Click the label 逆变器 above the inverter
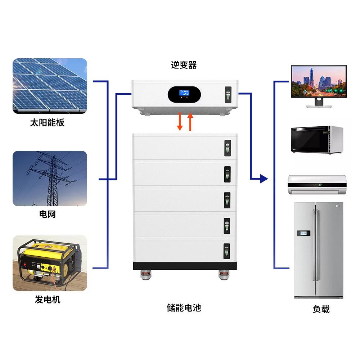click(x=184, y=65)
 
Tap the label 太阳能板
click(x=47, y=123)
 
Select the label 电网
click(x=47, y=215)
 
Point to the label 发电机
click(x=48, y=299)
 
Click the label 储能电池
click(x=184, y=308)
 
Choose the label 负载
click(x=321, y=309)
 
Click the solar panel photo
click(x=50, y=86)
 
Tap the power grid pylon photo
click(x=50, y=179)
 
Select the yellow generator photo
click(x=50, y=263)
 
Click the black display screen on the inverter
click(x=184, y=94)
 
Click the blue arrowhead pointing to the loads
click(x=264, y=178)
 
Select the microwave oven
click(x=316, y=140)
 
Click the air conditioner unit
click(x=317, y=184)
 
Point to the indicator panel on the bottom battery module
click(x=226, y=251)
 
